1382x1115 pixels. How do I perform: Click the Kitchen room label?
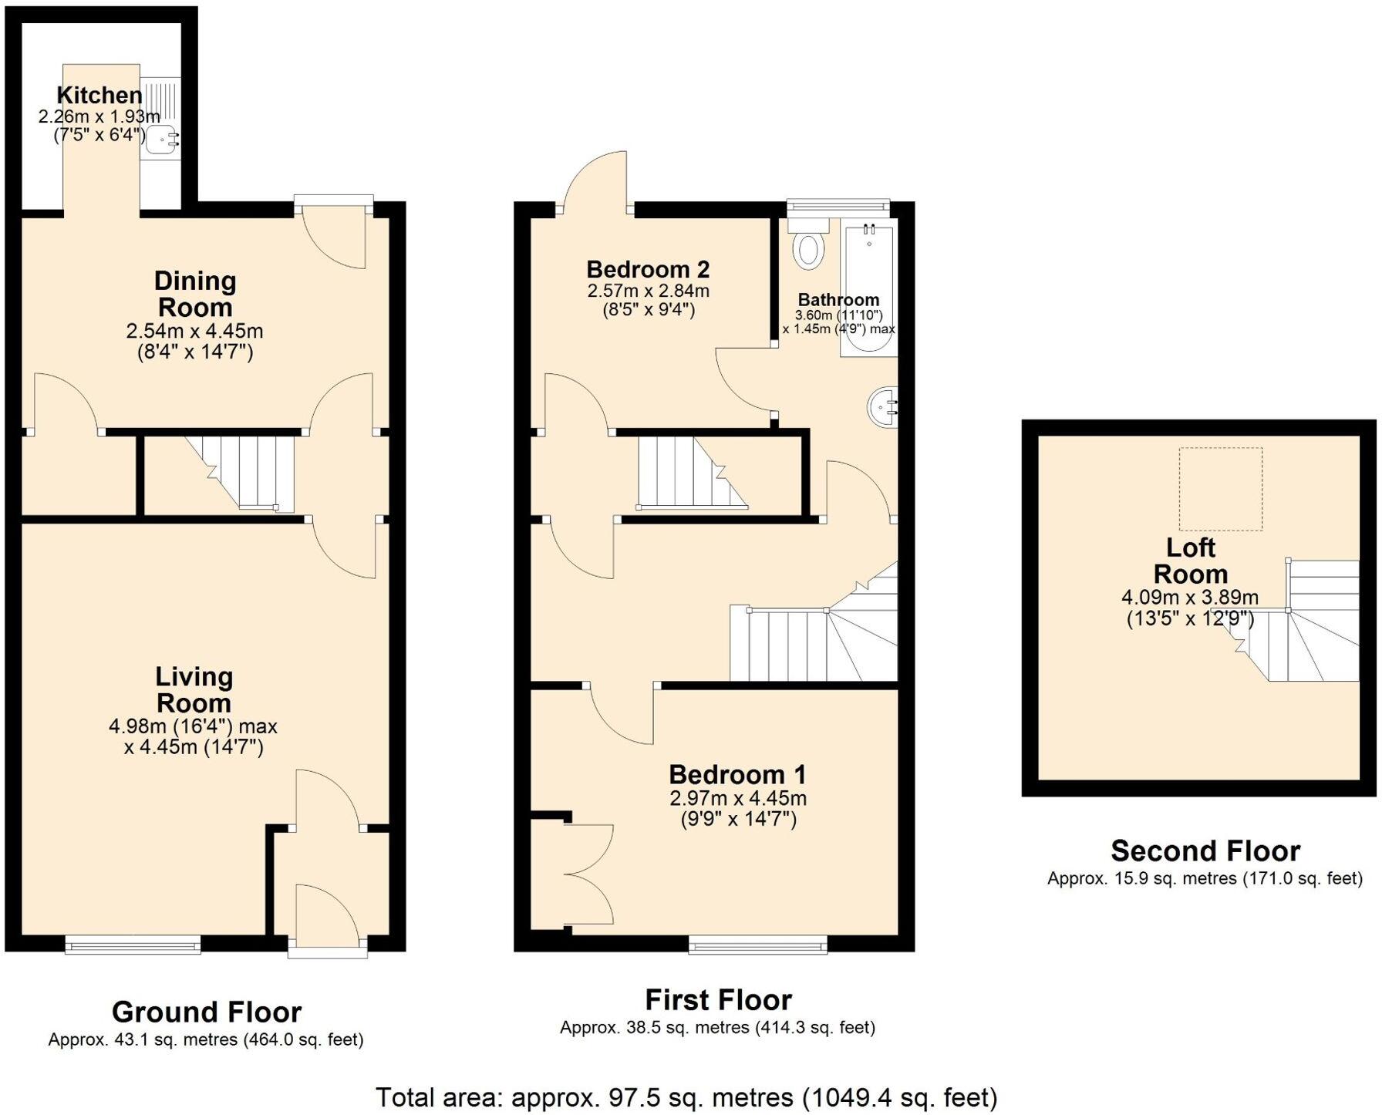coord(99,96)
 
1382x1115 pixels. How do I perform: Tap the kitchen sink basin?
coord(160,140)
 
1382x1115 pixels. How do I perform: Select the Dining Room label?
coord(194,294)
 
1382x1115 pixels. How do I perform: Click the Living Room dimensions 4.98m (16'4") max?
coord(193,726)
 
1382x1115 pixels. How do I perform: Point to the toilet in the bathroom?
coord(808,244)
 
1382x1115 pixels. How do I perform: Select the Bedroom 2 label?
coord(648,270)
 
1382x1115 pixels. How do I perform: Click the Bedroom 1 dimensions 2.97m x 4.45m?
coord(738,798)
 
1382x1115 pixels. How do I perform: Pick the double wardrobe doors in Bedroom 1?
coord(590,874)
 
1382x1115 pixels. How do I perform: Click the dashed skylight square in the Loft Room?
coord(1220,488)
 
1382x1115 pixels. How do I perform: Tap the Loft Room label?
coord(1190,561)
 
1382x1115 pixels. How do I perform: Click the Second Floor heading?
coord(1205,851)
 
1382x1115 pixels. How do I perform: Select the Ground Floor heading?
coord(206,1012)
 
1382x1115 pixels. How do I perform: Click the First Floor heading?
coord(718,1000)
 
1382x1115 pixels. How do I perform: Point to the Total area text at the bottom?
coord(686,1096)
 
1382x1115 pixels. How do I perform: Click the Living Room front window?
coord(133,944)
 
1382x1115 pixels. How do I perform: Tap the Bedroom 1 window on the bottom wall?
coord(757,944)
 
